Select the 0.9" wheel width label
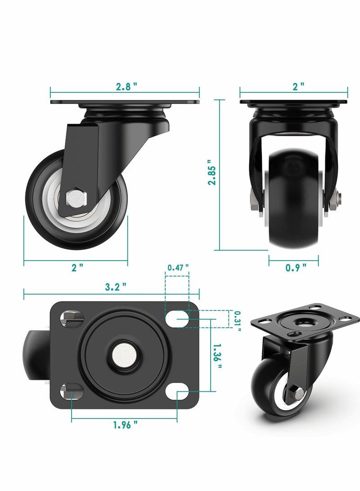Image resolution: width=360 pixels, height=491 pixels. pyautogui.click(x=296, y=267)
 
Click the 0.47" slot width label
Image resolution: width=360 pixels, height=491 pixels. pyautogui.click(x=178, y=268)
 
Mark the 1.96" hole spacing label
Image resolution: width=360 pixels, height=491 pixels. pyautogui.click(x=126, y=424)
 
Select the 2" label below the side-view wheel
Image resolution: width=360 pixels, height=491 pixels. pyautogui.click(x=78, y=267)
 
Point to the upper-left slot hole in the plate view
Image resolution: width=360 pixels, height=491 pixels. pyautogui.click(x=72, y=319)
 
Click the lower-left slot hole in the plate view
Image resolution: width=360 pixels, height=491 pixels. pyautogui.click(x=72, y=391)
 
